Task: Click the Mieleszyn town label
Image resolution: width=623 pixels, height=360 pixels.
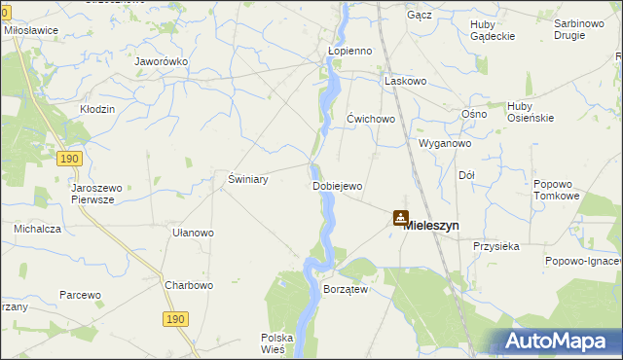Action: (x=431, y=225)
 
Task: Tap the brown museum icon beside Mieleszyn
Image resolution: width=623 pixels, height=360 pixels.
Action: (x=400, y=218)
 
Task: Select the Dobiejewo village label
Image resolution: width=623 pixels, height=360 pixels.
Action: (x=337, y=186)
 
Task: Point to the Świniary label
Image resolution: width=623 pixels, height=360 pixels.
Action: (x=247, y=179)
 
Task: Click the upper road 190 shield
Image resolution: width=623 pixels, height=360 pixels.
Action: (x=67, y=158)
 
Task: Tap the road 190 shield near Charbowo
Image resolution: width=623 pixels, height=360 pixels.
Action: (x=174, y=319)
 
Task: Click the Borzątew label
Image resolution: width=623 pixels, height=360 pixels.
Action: (x=345, y=290)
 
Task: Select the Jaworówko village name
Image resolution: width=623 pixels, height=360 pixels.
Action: (x=162, y=61)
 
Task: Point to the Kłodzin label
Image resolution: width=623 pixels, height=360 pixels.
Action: (x=97, y=109)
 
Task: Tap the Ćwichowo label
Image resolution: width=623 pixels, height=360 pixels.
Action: (x=371, y=119)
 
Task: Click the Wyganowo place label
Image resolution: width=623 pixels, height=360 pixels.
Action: (x=445, y=143)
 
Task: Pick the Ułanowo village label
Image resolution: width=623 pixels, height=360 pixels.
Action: (x=193, y=233)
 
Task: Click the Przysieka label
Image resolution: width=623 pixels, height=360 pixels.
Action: (x=496, y=246)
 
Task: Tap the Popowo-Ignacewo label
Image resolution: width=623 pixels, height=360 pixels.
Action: (x=584, y=261)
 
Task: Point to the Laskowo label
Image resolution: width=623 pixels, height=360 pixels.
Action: (x=406, y=81)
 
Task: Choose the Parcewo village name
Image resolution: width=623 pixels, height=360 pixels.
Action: (x=80, y=294)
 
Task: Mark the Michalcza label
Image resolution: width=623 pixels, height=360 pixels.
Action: (x=38, y=229)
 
